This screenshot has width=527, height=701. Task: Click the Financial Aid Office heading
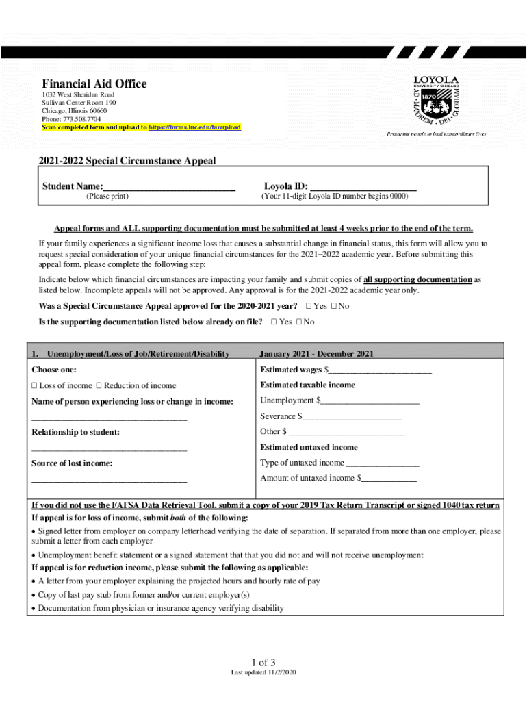94,84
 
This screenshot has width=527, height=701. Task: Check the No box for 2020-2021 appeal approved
333,306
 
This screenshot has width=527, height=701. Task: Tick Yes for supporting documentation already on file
274,322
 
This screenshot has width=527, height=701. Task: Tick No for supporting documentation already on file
299,322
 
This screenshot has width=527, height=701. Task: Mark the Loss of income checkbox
35,386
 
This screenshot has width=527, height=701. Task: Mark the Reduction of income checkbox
99,386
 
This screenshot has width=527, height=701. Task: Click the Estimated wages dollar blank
381,370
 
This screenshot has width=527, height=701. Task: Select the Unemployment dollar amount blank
370,401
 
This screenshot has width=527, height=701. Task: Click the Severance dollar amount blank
352,417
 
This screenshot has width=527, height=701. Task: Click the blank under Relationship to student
109,448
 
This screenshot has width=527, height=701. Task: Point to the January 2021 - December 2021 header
317,354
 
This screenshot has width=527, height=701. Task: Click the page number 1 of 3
263,662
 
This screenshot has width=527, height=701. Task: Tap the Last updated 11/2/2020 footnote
263,674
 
